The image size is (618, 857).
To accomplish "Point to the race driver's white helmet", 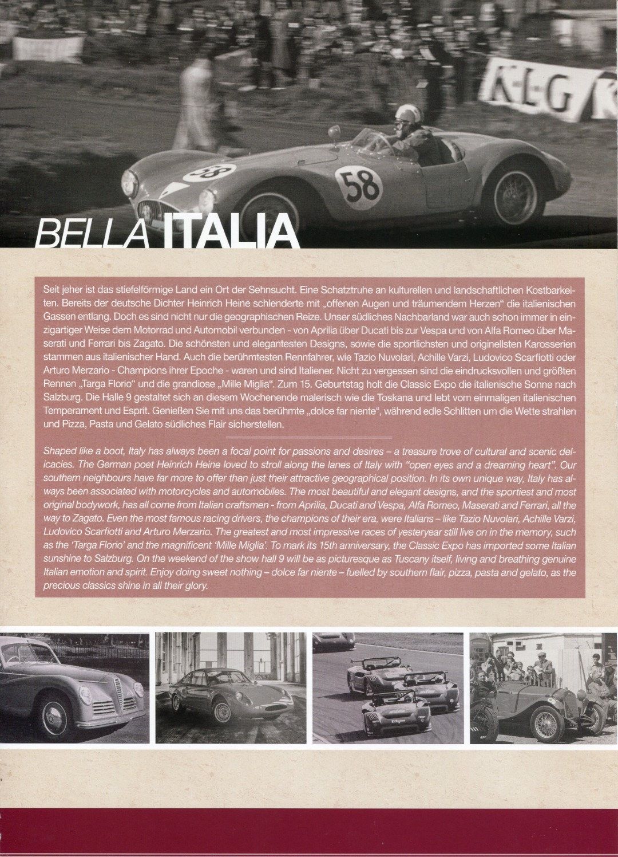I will click(406, 113).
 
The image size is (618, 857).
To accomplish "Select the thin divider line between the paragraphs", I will click(310, 439).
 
